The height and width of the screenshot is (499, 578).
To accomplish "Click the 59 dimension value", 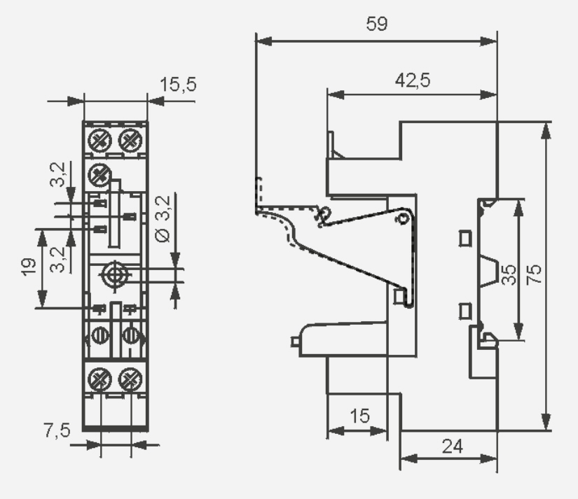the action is coord(377,24).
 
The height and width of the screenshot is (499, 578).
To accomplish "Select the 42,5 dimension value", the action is coord(413,80).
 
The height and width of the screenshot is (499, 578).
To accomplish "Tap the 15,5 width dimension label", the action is coord(178,84).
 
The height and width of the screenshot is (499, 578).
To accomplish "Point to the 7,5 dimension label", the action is coord(57,430).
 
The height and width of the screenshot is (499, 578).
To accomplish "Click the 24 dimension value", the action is coord(453,447).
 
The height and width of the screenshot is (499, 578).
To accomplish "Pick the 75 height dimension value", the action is coord(534,274).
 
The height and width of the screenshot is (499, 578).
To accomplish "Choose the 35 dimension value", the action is coord(509,274).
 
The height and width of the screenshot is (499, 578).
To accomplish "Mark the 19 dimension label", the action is coord(29,267).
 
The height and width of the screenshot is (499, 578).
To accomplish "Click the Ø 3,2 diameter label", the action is coord(163,219).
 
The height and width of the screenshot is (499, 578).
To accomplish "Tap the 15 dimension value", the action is coord(359,416).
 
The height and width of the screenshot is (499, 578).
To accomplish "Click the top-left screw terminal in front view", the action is coord(100,140).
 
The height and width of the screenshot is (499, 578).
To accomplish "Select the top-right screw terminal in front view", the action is coord(130,140).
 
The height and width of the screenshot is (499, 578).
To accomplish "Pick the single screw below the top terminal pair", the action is coord(99,174).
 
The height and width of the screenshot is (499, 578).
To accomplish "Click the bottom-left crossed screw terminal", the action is coord(100,379).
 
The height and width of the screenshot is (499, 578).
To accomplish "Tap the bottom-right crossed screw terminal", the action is coord(130,379).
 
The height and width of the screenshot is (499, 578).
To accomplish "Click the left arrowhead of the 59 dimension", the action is coord(263,41).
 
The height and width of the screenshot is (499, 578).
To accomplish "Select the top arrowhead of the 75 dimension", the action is coord(546,130).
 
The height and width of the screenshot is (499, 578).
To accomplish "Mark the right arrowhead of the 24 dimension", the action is coord(489,459).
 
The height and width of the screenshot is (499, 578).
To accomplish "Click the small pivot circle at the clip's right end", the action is coord(403,219).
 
